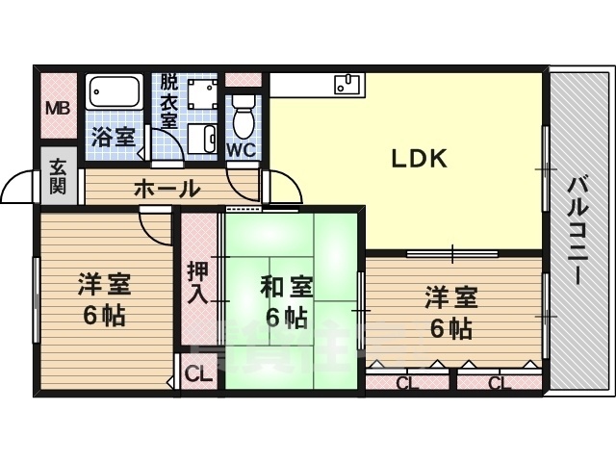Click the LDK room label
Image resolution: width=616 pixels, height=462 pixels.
tap(420, 159)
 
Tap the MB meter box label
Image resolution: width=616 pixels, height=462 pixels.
tap(58, 108)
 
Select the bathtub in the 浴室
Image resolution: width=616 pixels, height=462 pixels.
tap(114, 92)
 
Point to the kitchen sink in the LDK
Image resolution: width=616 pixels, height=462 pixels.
tap(346, 84)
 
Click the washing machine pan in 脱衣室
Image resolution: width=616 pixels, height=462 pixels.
tap(202, 94)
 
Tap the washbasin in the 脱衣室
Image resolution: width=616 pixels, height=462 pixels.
tap(202, 139)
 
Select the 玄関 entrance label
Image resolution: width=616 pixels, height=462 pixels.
tap(58, 181)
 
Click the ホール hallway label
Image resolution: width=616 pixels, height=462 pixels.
tap(167, 189)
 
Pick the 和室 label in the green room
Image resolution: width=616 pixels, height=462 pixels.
tap(287, 287)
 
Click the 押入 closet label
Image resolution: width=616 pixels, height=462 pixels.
tap(197, 283)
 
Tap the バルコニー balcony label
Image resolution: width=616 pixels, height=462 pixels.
tap(577, 229)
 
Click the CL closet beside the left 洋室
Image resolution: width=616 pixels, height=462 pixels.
tap(198, 375)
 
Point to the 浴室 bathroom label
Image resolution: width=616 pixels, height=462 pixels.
tap(114, 137)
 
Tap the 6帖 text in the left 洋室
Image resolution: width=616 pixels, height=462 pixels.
tap(104, 316)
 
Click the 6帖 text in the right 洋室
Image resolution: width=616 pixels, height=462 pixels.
tap(450, 329)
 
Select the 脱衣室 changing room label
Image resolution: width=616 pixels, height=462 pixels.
tap(169, 101)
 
